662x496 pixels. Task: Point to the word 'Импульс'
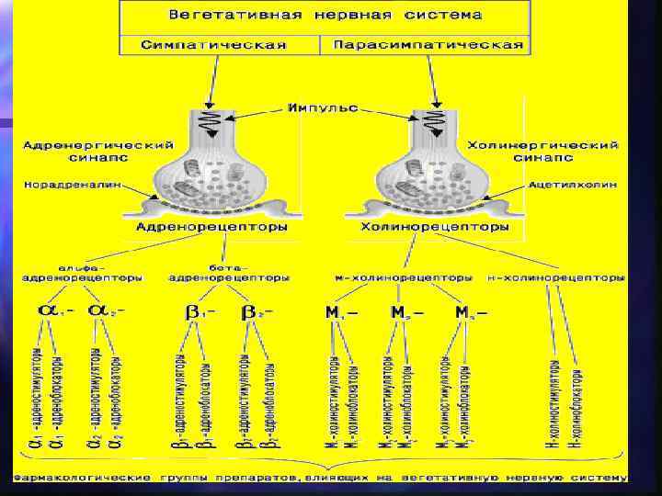tap(322, 108)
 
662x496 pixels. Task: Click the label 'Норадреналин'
tap(67, 183)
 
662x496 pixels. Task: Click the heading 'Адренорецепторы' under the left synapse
tap(211, 225)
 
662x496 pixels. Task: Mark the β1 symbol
tap(199, 312)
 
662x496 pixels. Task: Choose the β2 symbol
tap(254, 312)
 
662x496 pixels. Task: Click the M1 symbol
tap(337, 313)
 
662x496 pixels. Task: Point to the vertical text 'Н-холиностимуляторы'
tap(554, 405)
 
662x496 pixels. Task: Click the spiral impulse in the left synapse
tap(212, 122)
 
